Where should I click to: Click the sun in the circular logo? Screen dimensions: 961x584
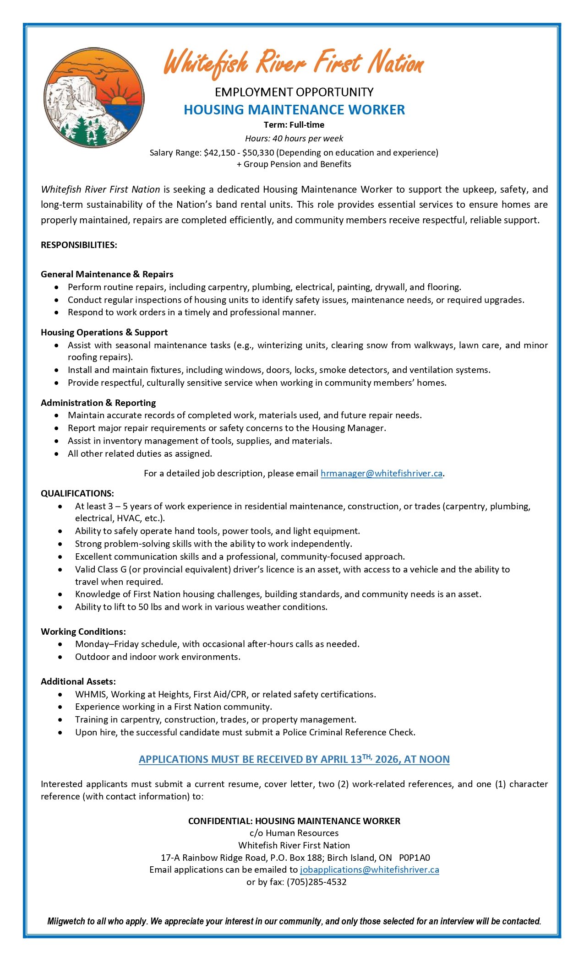pyautogui.click(x=118, y=101)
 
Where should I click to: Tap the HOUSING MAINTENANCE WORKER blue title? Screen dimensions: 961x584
pyautogui.click(x=294, y=110)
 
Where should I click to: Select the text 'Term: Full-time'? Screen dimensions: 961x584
pyautogui.click(x=294, y=124)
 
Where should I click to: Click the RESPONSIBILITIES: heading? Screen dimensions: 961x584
pyautogui.click(x=79, y=245)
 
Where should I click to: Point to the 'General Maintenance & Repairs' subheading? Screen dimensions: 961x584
pyautogui.click(x=107, y=274)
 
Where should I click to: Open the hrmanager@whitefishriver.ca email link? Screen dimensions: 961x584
pyautogui.click(x=382, y=473)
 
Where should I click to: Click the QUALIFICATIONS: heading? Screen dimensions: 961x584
pyautogui.click(x=77, y=493)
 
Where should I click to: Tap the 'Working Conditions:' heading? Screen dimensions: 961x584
pyautogui.click(x=83, y=632)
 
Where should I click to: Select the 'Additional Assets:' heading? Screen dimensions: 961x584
pyautogui.click(x=78, y=681)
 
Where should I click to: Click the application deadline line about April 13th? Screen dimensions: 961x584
pyautogui.click(x=294, y=759)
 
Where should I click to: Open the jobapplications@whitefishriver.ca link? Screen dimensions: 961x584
pyautogui.click(x=370, y=869)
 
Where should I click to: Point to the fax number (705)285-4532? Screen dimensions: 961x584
pyautogui.click(x=317, y=882)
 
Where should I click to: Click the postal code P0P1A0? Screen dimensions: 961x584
pyautogui.click(x=415, y=858)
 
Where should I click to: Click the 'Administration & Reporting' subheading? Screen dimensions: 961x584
pyautogui.click(x=98, y=403)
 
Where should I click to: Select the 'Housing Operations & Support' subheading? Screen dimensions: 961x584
pyautogui.click(x=104, y=332)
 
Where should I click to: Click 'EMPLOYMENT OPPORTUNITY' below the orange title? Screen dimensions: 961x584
pyautogui.click(x=294, y=92)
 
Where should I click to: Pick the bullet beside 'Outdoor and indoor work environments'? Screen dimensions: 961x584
pyautogui.click(x=60, y=657)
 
